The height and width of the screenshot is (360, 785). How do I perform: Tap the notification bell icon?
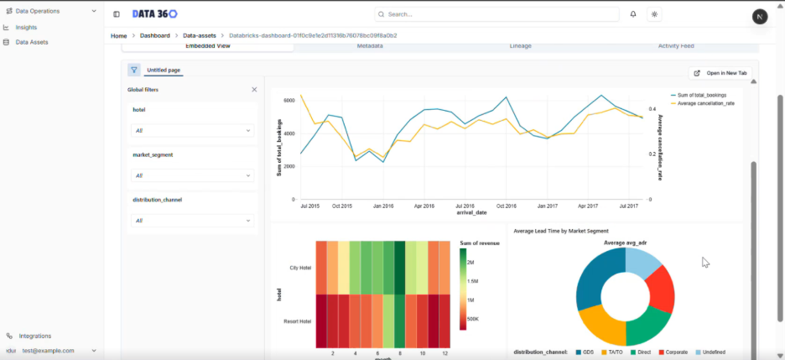633,14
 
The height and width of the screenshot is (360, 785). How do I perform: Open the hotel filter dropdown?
192,131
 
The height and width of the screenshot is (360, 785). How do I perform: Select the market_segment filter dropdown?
192,175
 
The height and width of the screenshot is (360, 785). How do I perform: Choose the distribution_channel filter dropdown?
192,221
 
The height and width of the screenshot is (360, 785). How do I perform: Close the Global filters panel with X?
254,89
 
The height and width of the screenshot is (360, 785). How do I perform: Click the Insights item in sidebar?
26,27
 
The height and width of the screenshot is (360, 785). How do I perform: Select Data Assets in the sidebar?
32,42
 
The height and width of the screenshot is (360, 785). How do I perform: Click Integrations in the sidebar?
34,336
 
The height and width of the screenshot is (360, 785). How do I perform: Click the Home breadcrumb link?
118,36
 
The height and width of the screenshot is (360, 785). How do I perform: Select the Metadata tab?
370,46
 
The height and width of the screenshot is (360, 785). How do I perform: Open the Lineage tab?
520,46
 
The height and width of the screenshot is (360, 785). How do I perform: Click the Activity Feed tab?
675,46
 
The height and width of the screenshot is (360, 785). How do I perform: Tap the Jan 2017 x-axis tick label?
547,205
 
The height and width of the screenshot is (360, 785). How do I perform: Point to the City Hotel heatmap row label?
299,268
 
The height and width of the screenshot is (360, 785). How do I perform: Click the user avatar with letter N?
760,17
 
